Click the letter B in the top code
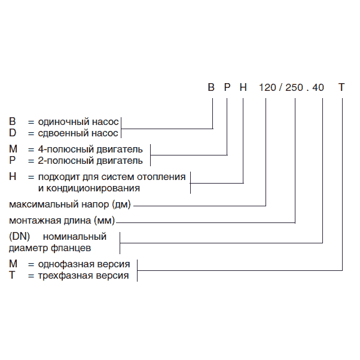(x=210, y=87)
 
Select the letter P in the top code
(x=227, y=87)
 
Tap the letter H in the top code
(x=243, y=87)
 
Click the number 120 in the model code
(x=267, y=87)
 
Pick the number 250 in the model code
(x=295, y=87)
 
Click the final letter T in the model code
(x=341, y=87)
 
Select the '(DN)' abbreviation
(x=20, y=236)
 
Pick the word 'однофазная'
(x=60, y=264)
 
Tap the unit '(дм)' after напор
(x=120, y=205)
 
